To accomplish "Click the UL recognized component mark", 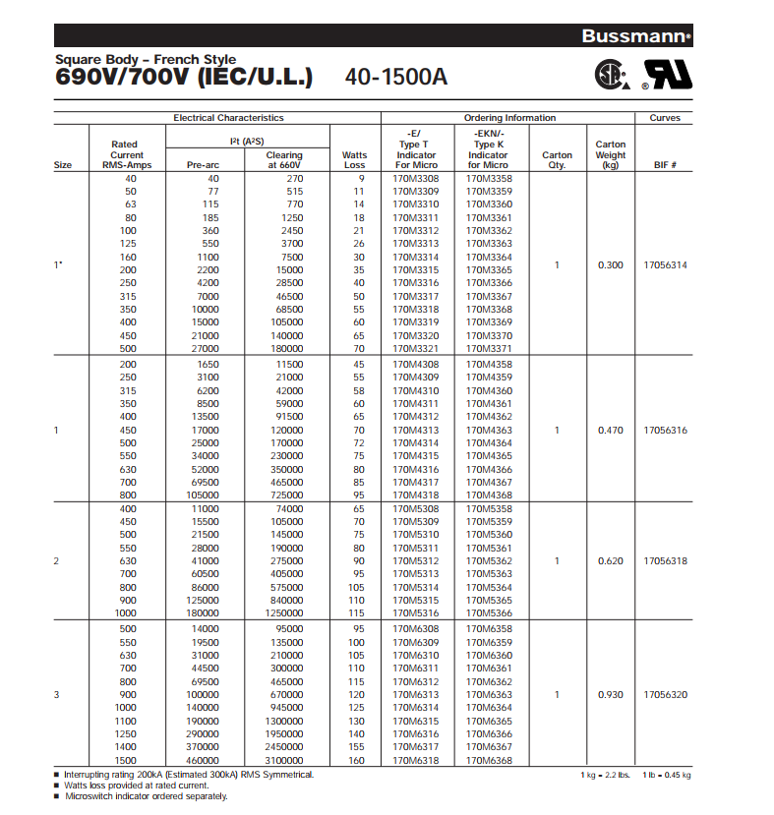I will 666,75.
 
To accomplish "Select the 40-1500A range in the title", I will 396,76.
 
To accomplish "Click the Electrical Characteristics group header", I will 228,118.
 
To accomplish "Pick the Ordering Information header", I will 509,118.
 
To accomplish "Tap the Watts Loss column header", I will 354,160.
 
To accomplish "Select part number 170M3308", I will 416,178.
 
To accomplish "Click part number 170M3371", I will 489,349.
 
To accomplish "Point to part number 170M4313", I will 416,430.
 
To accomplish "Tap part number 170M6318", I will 416,760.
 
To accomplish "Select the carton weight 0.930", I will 611,694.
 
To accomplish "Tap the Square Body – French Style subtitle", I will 146,59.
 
